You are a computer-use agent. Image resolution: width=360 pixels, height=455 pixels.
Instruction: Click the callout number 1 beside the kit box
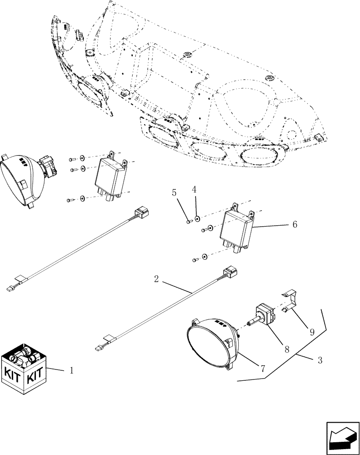71,371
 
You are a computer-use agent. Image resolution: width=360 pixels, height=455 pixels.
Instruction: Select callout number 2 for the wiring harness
156,279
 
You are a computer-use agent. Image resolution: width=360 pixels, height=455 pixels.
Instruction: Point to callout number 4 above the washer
194,189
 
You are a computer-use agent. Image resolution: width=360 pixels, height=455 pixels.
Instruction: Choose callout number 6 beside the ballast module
295,225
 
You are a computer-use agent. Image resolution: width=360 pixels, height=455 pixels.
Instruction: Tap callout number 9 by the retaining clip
312,332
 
